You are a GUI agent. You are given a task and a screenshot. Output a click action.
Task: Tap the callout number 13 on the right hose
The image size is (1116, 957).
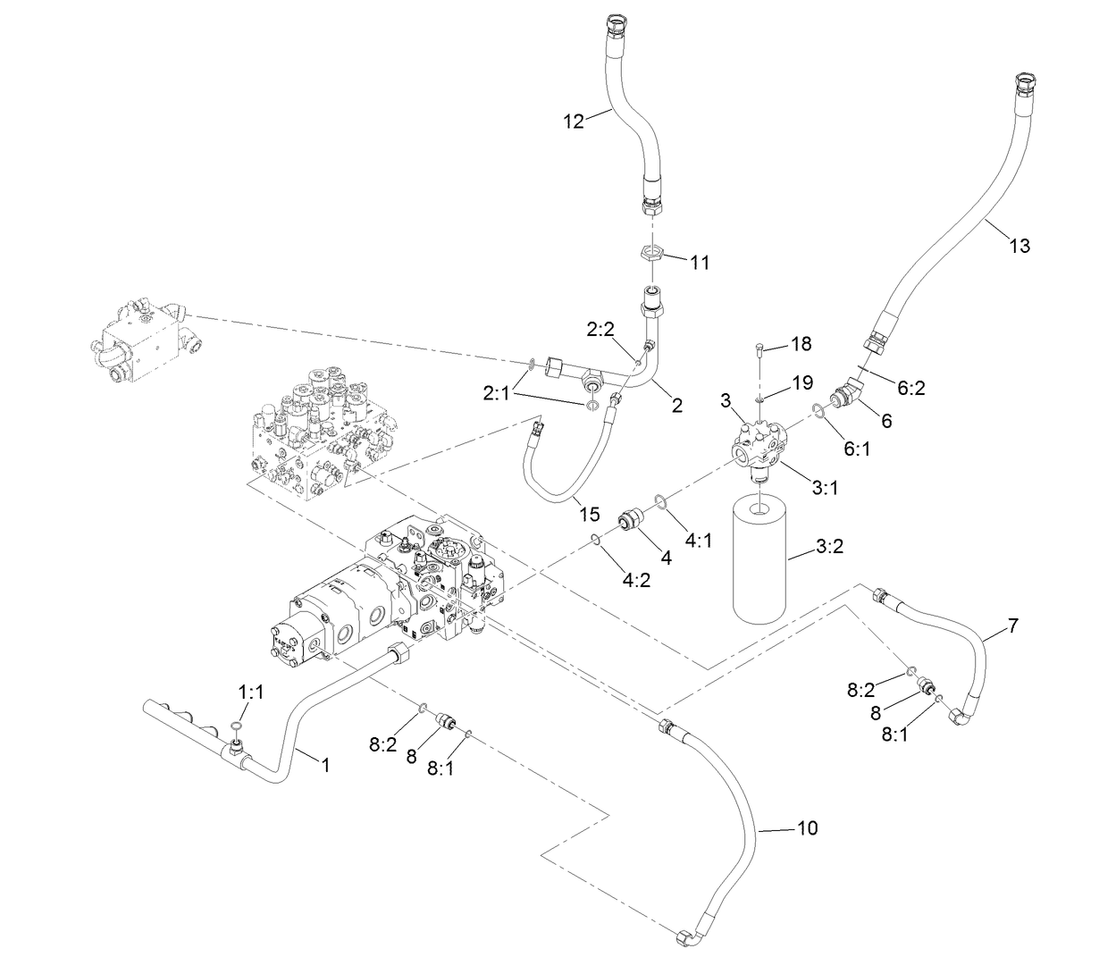(1019, 246)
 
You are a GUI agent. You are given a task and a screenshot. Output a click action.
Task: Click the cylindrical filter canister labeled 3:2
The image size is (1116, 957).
(758, 560)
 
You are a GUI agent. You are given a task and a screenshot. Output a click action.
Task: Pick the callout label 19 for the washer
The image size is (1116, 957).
(801, 382)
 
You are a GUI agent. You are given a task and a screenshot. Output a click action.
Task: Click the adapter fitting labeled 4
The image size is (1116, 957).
(634, 519)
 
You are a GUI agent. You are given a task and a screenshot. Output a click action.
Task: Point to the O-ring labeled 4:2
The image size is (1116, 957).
(594, 538)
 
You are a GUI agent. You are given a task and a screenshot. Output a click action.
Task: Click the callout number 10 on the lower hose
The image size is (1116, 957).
(806, 828)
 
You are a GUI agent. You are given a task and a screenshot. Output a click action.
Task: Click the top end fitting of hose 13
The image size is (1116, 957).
(1023, 87)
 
